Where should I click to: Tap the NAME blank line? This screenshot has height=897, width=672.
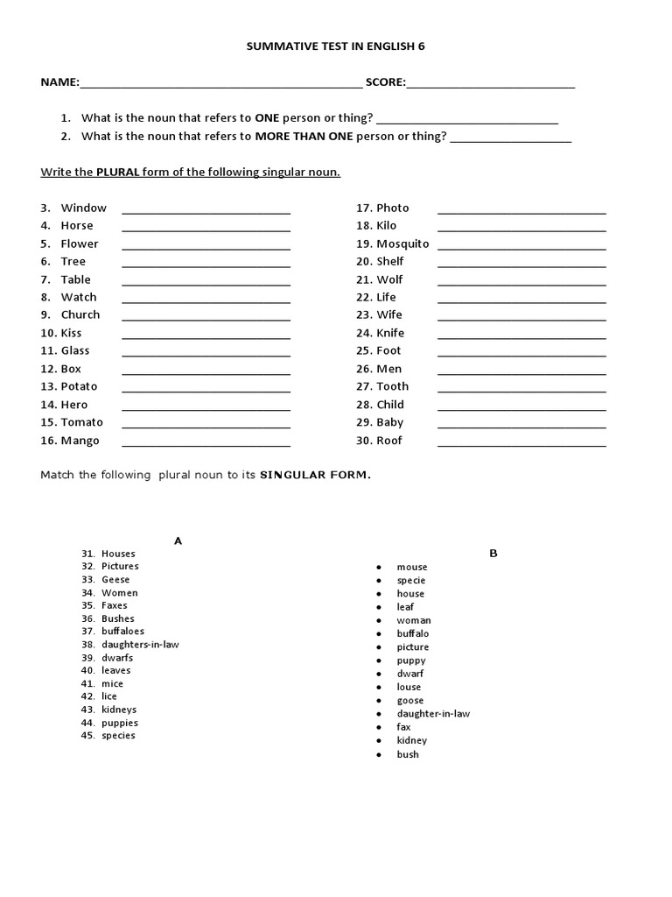coord(220,87)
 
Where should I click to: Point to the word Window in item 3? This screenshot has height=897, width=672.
coord(84,208)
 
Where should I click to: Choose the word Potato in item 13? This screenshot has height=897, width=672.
coord(80,386)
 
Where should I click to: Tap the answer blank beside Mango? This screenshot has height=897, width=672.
coord(206,445)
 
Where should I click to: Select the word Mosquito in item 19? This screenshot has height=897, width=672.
coord(402,244)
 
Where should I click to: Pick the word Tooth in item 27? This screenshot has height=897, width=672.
coord(393,386)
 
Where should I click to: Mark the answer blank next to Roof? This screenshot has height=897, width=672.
coord(521,445)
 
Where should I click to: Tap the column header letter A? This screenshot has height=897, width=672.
coord(178,540)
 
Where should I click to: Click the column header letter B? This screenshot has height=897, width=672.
coord(493,553)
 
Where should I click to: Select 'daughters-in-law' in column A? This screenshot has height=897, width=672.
coord(140,644)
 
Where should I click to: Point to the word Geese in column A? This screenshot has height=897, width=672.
coord(115,579)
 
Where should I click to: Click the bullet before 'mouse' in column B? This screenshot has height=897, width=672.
coord(379,567)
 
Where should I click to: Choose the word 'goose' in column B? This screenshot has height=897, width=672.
coord(410,700)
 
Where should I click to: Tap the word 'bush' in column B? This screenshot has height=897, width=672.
coord(408,754)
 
